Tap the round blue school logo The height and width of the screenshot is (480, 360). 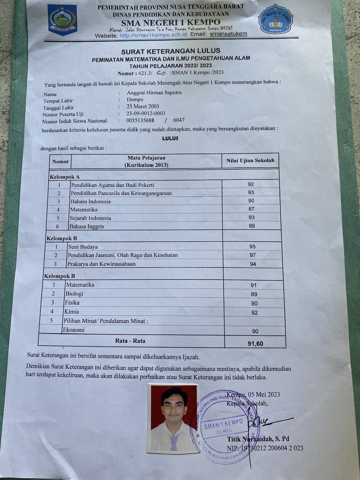point(276,19)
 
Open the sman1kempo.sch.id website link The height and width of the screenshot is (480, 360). point(153,35)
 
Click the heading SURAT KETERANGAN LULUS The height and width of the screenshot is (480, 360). point(171,51)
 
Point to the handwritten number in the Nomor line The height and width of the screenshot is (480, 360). point(161,73)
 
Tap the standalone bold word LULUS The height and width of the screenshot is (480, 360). point(170,138)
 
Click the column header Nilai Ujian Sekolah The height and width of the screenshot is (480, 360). point(250,160)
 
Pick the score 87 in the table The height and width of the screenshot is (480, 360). point(251,209)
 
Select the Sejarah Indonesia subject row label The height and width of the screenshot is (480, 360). point(90,218)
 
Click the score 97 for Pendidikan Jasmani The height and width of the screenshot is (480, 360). point(253,255)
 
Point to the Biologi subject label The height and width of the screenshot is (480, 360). point(74,294)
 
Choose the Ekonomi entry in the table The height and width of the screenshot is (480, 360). point(74,330)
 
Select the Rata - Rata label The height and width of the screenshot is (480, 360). point(130,341)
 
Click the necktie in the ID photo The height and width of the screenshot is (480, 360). point(174,442)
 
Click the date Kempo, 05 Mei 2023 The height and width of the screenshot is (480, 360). point(253,394)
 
